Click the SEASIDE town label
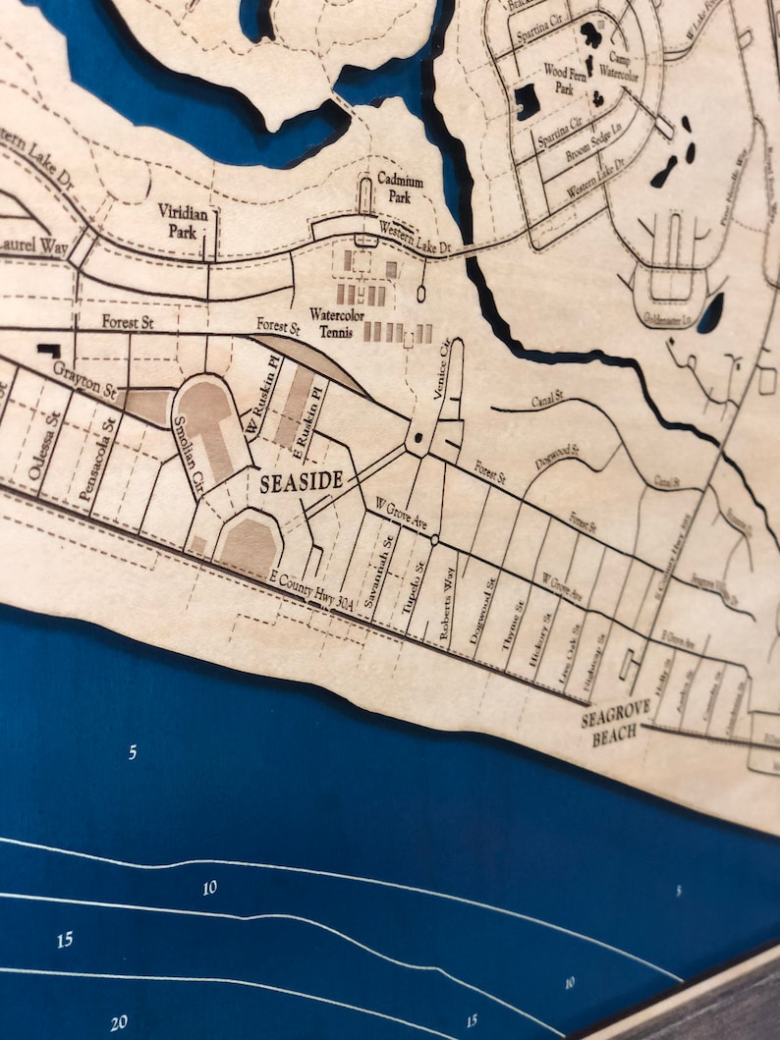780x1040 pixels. click(301, 481)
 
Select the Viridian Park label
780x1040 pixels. click(179, 221)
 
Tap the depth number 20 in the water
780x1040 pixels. click(119, 1023)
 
